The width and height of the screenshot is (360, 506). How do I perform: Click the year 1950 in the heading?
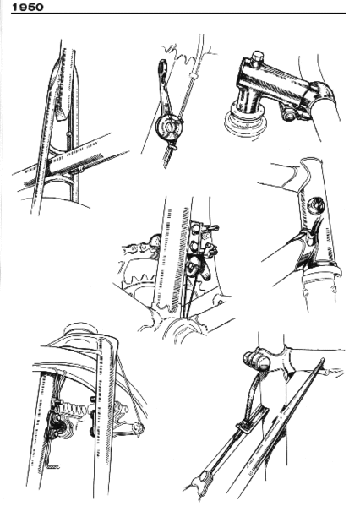tap(26, 6)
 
